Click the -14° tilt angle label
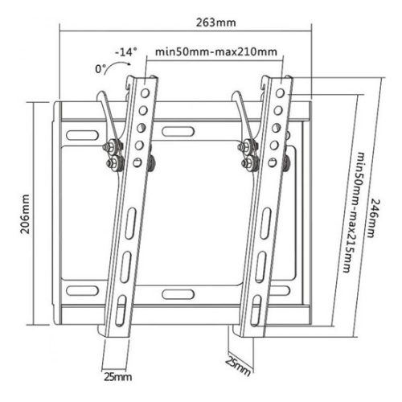(126, 51)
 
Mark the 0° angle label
(100, 70)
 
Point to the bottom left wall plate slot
(83, 289)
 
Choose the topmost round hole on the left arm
(146, 92)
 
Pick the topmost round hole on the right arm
(281, 92)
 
